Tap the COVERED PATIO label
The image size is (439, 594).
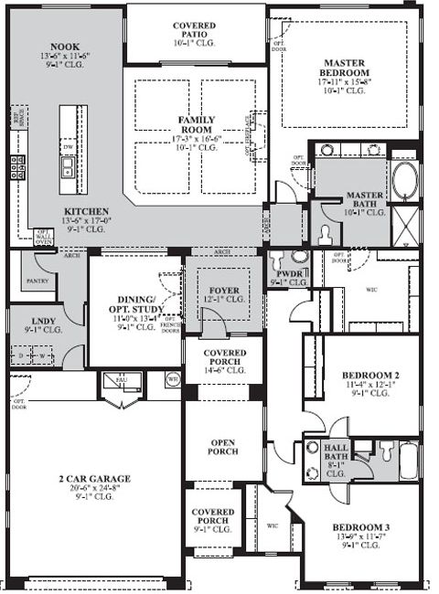194,27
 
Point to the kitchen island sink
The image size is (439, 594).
68,166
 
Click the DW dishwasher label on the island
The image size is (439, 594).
68,146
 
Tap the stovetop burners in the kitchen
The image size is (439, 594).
16,168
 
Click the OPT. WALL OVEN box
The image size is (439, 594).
42,238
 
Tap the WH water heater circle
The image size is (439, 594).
172,378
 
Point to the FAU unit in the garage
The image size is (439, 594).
120,379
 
